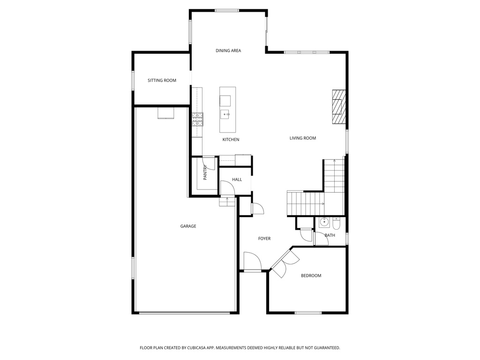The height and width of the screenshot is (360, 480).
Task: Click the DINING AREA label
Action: click(x=228, y=51)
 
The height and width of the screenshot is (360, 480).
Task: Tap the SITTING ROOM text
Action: click(x=162, y=81)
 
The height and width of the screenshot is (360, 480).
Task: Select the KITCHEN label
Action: click(x=231, y=140)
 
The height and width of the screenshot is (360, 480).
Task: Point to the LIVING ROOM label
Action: click(x=302, y=138)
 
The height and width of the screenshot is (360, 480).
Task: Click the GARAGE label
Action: click(x=188, y=226)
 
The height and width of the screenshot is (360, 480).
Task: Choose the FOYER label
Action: click(x=264, y=239)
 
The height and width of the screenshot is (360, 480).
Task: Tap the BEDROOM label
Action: click(x=311, y=276)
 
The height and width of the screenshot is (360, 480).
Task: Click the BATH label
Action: click(x=330, y=235)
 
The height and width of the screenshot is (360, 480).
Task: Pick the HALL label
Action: click(x=237, y=180)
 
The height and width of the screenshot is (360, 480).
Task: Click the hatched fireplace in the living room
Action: click(x=338, y=106)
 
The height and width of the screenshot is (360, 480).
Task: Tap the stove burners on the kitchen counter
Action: click(x=197, y=120)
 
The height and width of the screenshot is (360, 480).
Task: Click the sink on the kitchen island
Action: click(x=225, y=114)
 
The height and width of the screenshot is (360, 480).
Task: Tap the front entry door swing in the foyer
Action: click(x=251, y=261)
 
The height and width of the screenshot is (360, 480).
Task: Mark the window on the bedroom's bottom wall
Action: click(x=308, y=313)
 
